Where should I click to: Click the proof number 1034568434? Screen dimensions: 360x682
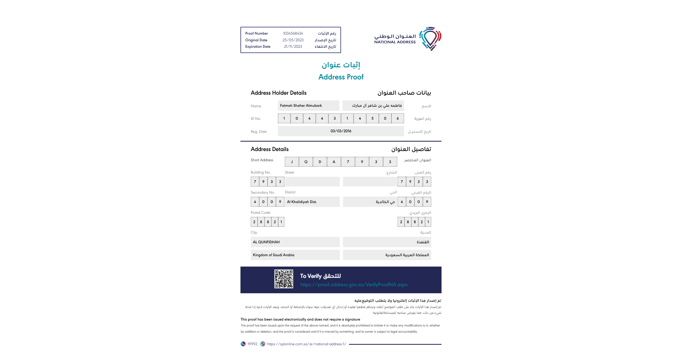pyautogui.click(x=293, y=34)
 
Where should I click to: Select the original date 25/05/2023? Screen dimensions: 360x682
pyautogui.click(x=293, y=40)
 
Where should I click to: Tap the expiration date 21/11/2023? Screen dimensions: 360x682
pyautogui.click(x=293, y=47)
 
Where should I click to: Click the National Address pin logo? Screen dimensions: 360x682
pyautogui.click(x=430, y=39)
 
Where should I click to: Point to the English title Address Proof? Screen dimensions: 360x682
pyautogui.click(x=341, y=77)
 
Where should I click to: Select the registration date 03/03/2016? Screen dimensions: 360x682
pyautogui.click(x=341, y=131)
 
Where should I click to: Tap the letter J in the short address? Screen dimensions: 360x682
pyautogui.click(x=292, y=162)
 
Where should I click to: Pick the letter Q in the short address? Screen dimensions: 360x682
pyautogui.click(x=306, y=162)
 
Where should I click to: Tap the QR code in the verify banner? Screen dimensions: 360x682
pyautogui.click(x=284, y=279)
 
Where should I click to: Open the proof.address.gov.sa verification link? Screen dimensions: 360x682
pyautogui.click(x=354, y=285)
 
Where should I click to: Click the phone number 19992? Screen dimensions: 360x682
pyautogui.click(x=252, y=344)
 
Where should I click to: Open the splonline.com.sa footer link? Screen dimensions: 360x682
pyautogui.click(x=306, y=344)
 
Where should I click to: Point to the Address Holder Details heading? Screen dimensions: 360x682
pyautogui.click(x=279, y=93)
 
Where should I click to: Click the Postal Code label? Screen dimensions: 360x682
pyautogui.click(x=260, y=213)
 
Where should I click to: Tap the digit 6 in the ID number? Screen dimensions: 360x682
pyautogui.click(x=398, y=119)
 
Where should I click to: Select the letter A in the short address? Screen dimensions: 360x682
pyautogui.click(x=334, y=162)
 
